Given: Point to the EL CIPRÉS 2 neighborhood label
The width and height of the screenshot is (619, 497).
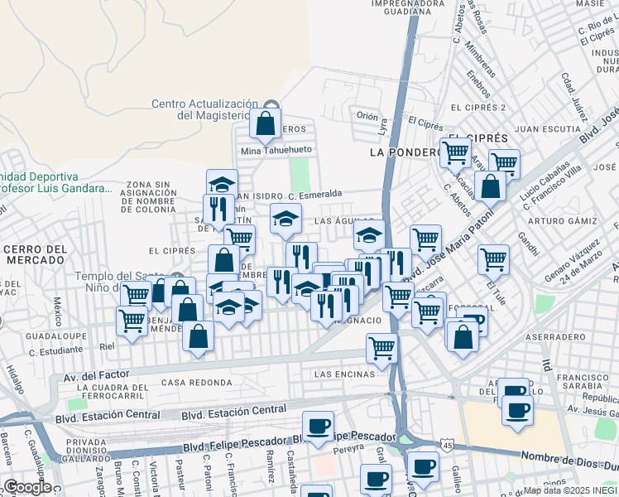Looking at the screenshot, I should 477,108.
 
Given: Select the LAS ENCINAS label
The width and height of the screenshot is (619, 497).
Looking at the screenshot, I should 345,374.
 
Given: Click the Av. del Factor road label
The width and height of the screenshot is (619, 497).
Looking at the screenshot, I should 97,375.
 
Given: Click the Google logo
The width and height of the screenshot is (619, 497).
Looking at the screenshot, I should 26,487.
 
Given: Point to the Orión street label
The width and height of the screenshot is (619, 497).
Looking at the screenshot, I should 367,116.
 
